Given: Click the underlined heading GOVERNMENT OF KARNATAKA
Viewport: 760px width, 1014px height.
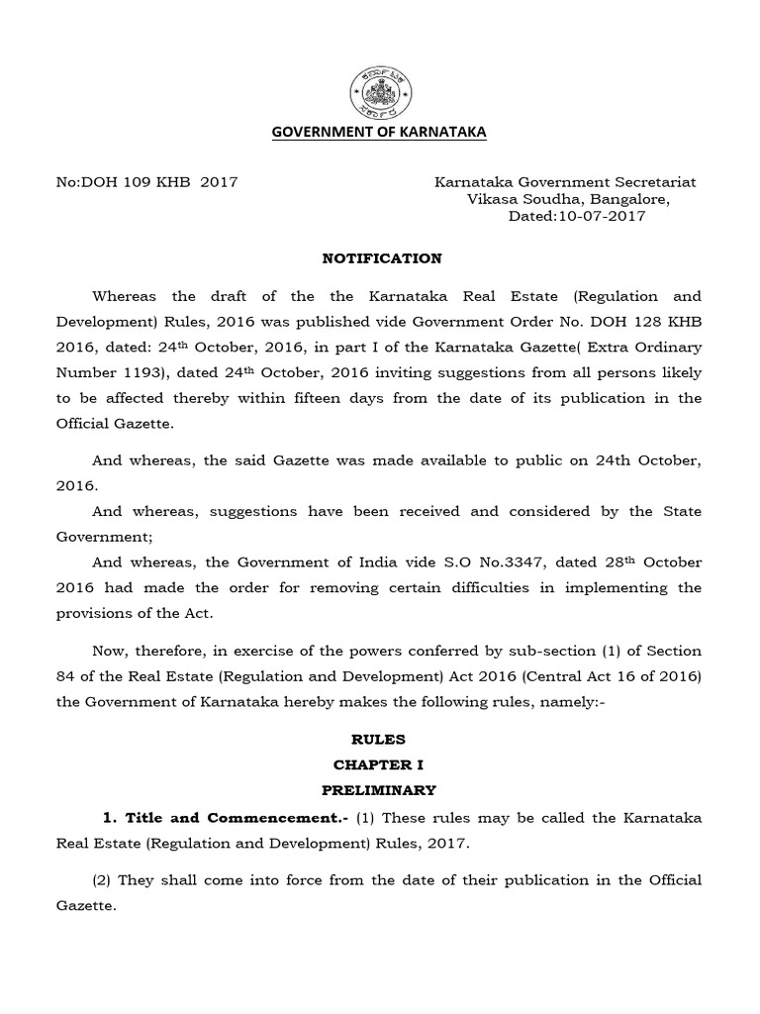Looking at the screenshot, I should (x=380, y=132).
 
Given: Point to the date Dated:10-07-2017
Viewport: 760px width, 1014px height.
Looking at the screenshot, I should (x=576, y=216).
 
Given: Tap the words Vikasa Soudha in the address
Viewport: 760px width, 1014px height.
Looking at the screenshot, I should (x=521, y=199).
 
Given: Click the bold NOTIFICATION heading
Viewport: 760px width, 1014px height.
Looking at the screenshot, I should (x=382, y=258).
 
